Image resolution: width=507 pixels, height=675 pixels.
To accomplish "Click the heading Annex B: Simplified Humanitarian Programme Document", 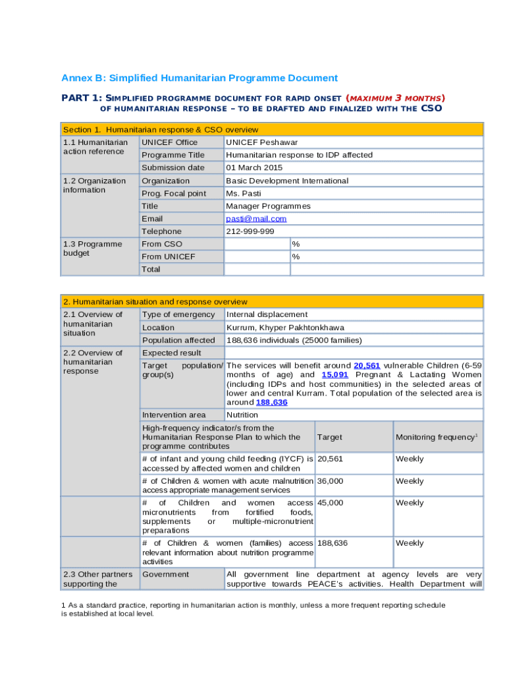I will [x=200, y=78].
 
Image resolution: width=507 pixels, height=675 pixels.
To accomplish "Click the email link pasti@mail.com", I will [x=256, y=219].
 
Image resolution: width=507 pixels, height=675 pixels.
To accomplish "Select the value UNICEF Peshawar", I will [x=261, y=142].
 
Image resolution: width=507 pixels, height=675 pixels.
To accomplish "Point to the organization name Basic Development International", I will [x=287, y=181].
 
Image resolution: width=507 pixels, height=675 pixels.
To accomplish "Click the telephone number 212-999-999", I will [x=250, y=231].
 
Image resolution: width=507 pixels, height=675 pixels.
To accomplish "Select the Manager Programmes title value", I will [x=268, y=206].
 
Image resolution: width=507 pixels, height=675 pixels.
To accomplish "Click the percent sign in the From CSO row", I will [x=296, y=244].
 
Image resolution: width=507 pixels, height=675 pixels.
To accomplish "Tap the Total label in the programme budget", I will [x=151, y=269].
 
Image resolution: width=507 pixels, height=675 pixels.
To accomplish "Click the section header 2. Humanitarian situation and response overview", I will [x=155, y=302].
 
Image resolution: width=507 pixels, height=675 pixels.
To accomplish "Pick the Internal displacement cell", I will [x=267, y=314].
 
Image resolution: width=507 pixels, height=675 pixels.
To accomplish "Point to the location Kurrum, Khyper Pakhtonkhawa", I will [x=285, y=328].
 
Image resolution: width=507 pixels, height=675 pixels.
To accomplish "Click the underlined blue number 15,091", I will [x=334, y=374].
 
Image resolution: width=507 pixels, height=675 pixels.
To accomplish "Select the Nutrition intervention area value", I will [x=242, y=415].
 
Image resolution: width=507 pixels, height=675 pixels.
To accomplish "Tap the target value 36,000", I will [x=331, y=481].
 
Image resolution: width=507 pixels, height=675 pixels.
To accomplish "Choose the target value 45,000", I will [x=331, y=503].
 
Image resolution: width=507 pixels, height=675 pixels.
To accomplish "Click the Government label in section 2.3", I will [x=165, y=575].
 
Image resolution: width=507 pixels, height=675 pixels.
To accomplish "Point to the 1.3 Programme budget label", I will [x=93, y=249].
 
